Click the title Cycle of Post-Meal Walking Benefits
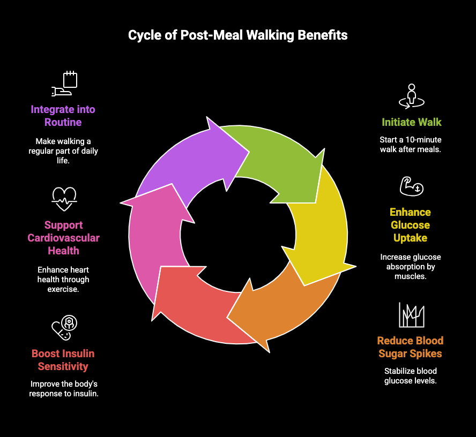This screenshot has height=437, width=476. [237, 35]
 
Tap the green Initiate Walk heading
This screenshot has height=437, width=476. [411, 122]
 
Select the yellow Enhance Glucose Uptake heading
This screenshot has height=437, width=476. [411, 225]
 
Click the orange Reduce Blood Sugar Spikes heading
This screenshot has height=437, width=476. [411, 347]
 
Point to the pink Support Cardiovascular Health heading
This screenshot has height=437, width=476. [64, 238]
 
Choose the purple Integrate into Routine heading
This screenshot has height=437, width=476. [63, 116]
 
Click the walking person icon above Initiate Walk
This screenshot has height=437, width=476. [411, 96]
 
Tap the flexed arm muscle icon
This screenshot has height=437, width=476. [411, 186]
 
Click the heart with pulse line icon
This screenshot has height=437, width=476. [64, 199]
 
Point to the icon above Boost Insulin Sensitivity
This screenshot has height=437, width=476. [64, 328]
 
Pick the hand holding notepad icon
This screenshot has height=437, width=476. [64, 84]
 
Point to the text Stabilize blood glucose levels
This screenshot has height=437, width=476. [411, 376]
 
